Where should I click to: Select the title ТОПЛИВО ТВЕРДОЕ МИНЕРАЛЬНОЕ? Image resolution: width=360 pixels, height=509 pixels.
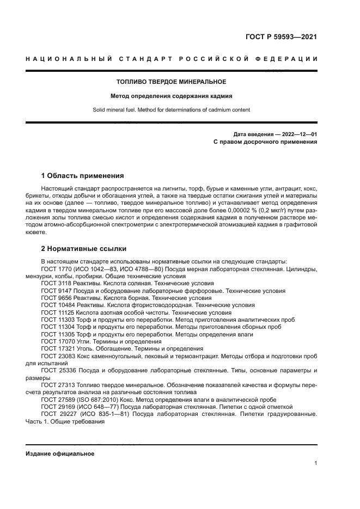click(x=172, y=82)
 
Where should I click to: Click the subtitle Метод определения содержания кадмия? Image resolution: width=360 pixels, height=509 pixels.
click(x=172, y=96)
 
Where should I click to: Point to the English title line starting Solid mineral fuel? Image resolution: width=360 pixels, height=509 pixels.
click(x=172, y=109)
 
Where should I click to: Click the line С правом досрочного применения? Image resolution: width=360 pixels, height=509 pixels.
click(x=265, y=142)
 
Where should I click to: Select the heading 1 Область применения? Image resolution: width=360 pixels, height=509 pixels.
click(x=82, y=176)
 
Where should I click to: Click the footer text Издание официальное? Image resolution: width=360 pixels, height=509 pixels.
click(x=60, y=453)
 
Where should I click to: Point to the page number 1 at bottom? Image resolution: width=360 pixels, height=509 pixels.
click(x=315, y=463)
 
